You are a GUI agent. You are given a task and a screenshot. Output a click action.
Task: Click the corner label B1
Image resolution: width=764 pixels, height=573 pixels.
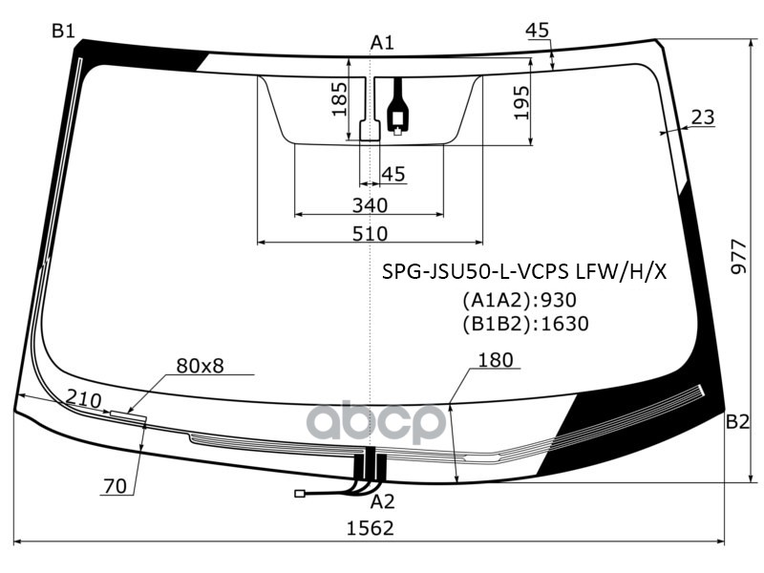pos(63,32)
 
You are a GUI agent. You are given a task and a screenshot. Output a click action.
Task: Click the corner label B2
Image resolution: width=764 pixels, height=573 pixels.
pos(736,422)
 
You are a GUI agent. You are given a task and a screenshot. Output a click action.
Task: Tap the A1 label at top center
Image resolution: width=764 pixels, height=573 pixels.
pos(383,42)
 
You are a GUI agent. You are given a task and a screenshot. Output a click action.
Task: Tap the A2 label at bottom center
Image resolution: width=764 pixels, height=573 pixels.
pos(382,501)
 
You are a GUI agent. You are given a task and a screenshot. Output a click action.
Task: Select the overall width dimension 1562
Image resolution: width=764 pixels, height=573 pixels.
pos(370,528)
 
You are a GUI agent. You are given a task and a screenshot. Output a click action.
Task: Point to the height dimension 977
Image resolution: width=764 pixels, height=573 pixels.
pos(738,256)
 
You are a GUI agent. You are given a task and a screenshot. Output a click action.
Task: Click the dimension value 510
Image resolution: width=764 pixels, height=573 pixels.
pos(370,233)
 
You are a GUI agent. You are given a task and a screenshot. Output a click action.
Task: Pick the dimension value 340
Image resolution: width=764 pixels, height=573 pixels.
pos(370,205)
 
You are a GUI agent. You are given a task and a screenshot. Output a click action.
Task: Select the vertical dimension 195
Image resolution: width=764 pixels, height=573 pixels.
pos(521,102)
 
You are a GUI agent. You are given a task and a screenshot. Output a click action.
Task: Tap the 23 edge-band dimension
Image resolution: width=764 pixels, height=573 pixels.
pos(702,117)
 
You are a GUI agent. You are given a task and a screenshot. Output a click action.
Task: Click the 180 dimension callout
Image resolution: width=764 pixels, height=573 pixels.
pos(495,360)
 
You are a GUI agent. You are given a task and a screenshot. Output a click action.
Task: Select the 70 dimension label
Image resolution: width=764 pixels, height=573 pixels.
pos(115,486)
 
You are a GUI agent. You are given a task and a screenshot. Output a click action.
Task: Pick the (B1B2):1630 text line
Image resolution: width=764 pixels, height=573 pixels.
pos(525,324)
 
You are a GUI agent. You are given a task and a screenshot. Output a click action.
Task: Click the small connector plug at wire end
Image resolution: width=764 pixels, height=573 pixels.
pos(300,494)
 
